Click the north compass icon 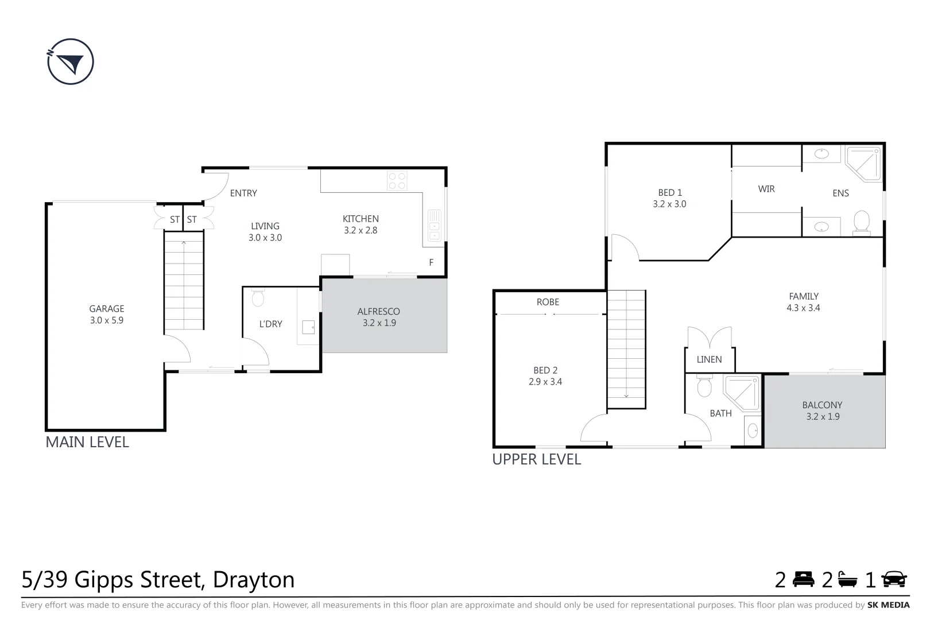point(70,62)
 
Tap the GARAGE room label point(107,309)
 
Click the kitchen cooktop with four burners point(397,180)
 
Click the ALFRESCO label point(378,312)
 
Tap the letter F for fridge point(431,262)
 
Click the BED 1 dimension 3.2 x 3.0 point(669,204)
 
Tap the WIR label point(766,189)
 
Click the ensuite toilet point(861,222)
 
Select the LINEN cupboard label point(709,359)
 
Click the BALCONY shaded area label point(822,405)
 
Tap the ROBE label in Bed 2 point(548,302)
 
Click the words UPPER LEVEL point(537,459)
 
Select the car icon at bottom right point(894,579)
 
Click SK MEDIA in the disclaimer point(888,605)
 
